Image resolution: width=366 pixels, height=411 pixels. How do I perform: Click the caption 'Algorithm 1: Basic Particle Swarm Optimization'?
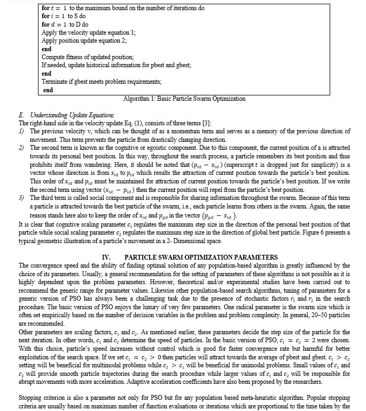coord(184,99)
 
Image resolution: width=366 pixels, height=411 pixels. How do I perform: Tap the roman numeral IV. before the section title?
coord(106,257)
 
